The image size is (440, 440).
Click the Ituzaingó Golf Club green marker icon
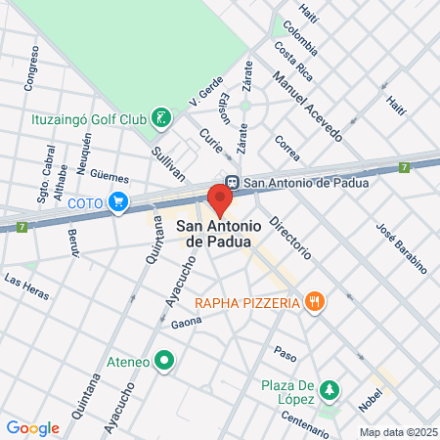pos(162,119)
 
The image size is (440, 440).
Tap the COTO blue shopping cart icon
pos(119,203)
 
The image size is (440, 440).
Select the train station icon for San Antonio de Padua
pos(232,181)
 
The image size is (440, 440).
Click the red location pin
pos(220,199)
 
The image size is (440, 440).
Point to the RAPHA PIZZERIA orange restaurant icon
pos(314,302)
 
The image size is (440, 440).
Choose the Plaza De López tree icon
pos(330,390)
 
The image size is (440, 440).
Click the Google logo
pos(32,427)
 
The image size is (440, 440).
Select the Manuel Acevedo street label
pos(307,107)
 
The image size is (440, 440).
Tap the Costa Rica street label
pos(293,61)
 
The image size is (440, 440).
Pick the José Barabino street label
pos(402,246)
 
